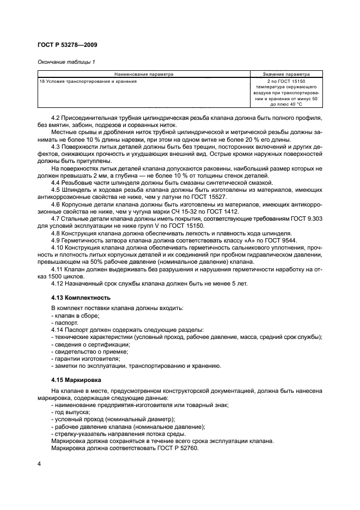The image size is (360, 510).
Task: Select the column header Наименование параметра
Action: (144, 74)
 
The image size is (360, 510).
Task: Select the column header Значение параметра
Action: (286, 74)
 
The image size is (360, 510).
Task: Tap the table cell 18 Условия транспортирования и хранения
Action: (88, 81)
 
